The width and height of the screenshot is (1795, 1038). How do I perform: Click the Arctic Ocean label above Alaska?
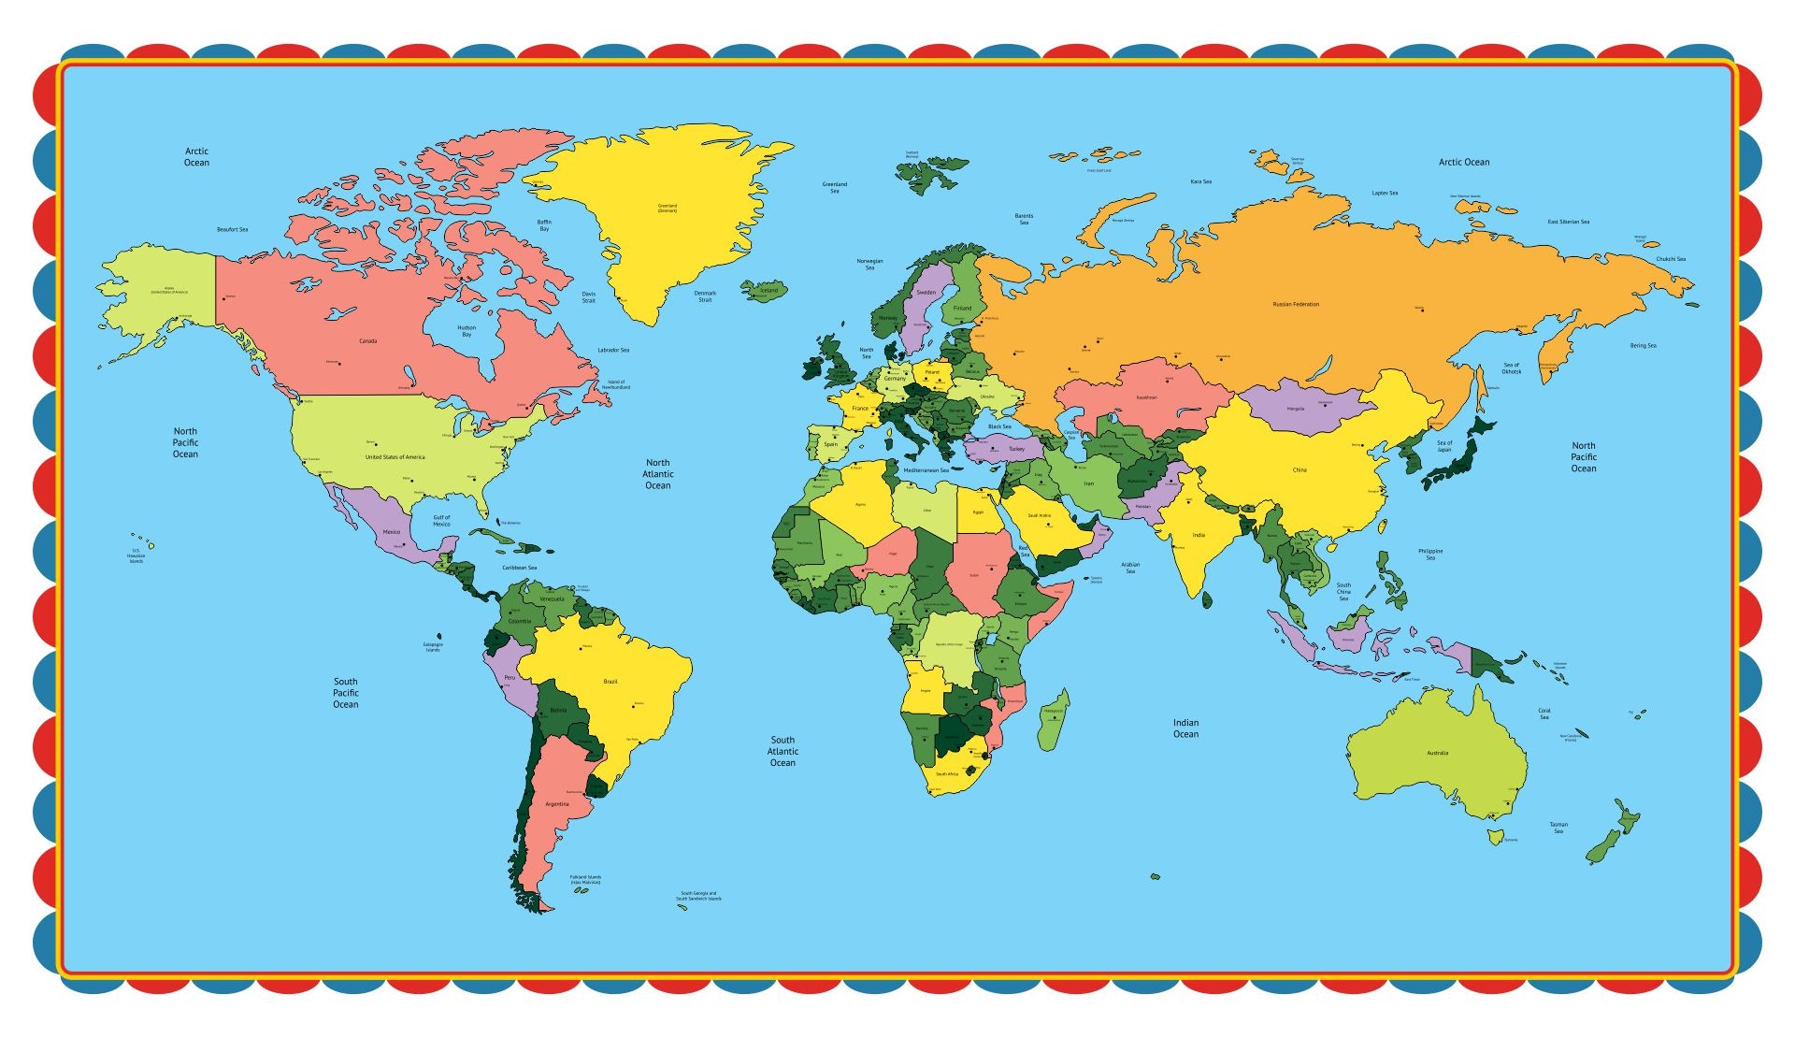[196, 157]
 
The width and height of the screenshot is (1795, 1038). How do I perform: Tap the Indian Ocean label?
[1185, 728]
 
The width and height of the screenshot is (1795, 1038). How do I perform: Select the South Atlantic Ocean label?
[783, 751]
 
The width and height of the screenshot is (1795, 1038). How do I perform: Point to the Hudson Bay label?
[467, 331]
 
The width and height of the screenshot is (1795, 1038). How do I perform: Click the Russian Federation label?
[1296, 304]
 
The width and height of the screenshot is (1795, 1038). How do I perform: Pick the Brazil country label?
[610, 682]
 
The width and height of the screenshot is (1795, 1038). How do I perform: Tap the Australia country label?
[1437, 753]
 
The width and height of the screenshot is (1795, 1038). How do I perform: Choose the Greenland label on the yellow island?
[667, 208]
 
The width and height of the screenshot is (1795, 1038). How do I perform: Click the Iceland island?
[767, 291]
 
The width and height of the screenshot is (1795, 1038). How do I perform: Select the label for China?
[1300, 469]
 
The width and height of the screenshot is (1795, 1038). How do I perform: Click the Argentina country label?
[556, 804]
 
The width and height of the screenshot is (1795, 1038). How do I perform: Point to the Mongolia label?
[1295, 409]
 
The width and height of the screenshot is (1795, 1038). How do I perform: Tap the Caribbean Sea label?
[519, 568]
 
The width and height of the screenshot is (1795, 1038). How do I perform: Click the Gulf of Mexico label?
[441, 520]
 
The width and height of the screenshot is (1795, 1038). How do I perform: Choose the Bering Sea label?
[1643, 346]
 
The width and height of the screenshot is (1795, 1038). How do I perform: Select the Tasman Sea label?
[1558, 828]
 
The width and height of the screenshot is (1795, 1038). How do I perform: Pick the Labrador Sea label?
[613, 350]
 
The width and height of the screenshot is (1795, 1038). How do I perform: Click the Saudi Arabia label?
[1039, 515]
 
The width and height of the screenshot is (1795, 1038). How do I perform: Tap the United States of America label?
[395, 457]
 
